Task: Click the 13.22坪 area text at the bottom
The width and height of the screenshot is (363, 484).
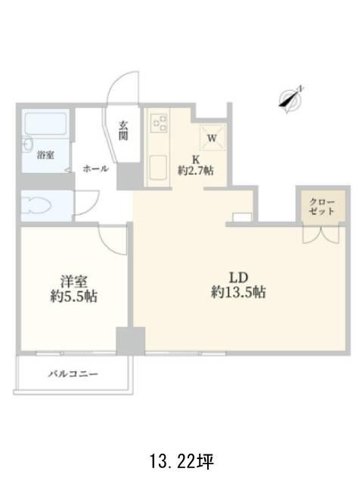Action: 181,461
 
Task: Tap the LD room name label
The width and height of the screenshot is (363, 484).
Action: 239,278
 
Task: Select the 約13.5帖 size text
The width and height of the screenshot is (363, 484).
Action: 238,292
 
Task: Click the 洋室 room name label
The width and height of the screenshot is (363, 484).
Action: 74,281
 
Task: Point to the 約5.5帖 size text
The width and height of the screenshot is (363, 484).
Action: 74,296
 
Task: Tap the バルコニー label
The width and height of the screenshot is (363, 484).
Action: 73,374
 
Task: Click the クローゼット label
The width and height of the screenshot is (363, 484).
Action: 321,207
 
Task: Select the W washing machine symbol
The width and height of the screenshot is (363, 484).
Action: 212,138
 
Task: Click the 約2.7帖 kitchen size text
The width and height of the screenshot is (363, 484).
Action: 196,170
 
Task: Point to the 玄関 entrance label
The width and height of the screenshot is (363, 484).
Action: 123,131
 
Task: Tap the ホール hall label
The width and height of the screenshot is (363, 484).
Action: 96,169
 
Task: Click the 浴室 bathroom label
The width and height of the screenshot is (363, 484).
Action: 45,155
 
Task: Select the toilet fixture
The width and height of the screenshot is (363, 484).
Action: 37,206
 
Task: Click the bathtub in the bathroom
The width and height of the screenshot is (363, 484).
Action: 45,124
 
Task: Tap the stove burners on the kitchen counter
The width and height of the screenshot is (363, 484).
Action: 159,123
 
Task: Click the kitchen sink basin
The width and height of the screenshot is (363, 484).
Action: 158,168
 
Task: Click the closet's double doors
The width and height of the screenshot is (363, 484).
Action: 321,235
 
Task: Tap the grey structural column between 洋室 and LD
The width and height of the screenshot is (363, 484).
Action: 131,341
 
